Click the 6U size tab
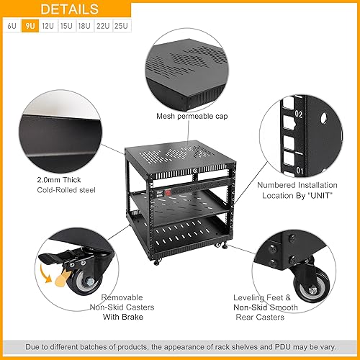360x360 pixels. pyautogui.click(x=12, y=26)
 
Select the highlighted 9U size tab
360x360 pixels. pyautogui.click(x=30, y=26)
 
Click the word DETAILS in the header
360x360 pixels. pyautogui.click(x=70, y=9)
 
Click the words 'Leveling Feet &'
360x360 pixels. pyautogui.click(x=262, y=296)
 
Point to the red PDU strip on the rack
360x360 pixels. pyautogui.click(x=167, y=194)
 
